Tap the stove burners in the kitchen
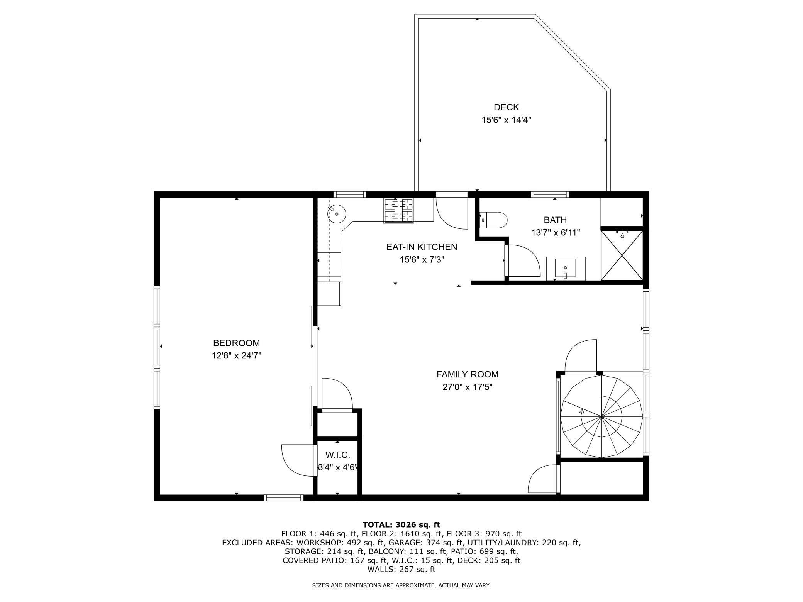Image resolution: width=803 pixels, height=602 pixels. [x=398, y=210]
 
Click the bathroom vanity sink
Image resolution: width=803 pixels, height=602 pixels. [x=565, y=267]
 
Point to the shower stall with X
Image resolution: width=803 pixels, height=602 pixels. [x=622, y=255]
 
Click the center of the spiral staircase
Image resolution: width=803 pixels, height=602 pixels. [x=601, y=416]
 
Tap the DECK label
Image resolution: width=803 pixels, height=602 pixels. [x=506, y=107]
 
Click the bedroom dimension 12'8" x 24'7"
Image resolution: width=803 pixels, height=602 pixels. [x=237, y=355]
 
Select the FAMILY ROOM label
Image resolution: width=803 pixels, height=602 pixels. [x=467, y=374]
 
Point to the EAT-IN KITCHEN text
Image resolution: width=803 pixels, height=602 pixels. [x=422, y=247]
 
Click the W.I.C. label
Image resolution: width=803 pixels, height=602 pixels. [x=337, y=455]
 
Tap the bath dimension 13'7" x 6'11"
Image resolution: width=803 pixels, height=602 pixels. [x=555, y=233]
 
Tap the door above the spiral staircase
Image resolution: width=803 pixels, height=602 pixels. [x=581, y=356]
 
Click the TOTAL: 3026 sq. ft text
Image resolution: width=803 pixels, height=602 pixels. [x=401, y=524]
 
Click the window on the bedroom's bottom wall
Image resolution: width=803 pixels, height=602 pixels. [x=283, y=498]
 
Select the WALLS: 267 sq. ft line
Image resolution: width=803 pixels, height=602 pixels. [x=401, y=569]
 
